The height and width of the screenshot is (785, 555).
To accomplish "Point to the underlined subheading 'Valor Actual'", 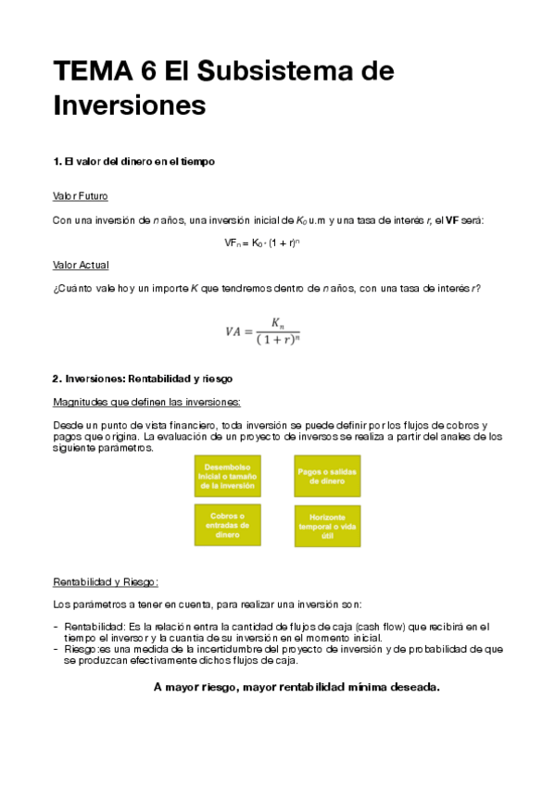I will click(x=81, y=265).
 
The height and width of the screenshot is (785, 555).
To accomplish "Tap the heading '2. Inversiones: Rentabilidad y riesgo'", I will click(x=142, y=379).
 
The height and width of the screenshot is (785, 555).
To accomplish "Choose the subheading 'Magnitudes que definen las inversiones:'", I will click(x=147, y=402).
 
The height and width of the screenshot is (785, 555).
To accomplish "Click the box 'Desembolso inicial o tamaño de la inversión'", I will click(x=227, y=476).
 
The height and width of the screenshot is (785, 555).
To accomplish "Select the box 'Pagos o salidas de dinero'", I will click(x=327, y=476).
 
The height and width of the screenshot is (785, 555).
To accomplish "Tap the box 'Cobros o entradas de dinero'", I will click(x=227, y=524).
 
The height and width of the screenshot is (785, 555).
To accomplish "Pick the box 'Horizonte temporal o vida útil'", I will click(x=327, y=525).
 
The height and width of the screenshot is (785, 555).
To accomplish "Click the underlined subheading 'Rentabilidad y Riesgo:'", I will click(x=107, y=582).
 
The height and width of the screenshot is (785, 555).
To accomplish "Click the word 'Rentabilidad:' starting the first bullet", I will click(x=95, y=628).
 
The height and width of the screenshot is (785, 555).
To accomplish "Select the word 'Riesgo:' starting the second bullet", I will click(x=82, y=650).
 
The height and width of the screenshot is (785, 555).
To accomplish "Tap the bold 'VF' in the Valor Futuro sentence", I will click(x=452, y=220).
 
